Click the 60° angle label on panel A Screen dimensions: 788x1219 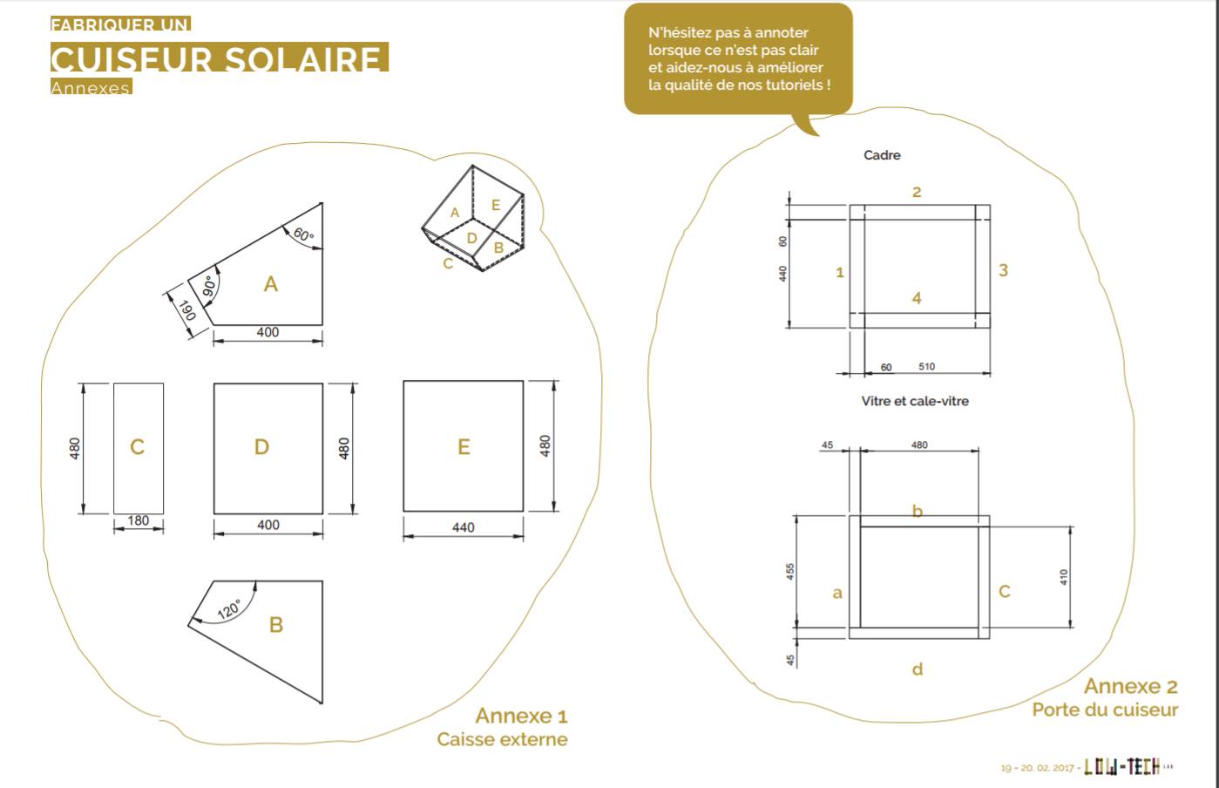point(303,234)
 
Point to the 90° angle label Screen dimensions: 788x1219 point(209,288)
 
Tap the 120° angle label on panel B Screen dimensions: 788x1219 point(228,608)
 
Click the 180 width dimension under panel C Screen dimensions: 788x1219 point(138,521)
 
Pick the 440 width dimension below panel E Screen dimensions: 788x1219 point(463,527)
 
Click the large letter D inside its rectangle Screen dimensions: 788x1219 point(261,447)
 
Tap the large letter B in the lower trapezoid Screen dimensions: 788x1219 point(276,625)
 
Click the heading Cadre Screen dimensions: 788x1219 point(882,155)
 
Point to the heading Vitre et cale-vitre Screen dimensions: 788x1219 point(915,401)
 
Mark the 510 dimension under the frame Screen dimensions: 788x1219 point(926,367)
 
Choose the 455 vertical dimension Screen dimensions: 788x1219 point(790,572)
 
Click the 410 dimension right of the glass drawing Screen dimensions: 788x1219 point(1064,576)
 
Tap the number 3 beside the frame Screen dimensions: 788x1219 point(1003,270)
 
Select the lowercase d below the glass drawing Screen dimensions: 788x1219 point(917,669)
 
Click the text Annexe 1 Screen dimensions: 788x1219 point(521,716)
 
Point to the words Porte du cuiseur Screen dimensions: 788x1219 point(1104,710)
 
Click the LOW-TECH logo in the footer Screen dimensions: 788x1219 point(1121,766)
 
